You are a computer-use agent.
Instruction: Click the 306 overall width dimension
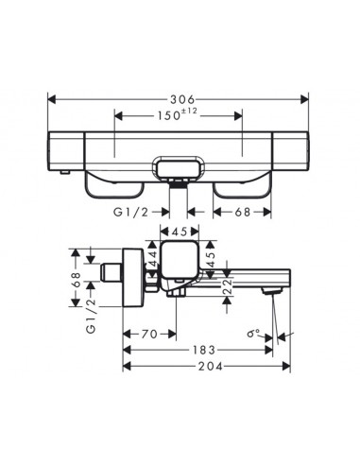coord(180,98)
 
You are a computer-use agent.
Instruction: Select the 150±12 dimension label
coord(179,115)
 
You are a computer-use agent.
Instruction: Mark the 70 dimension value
coord(149,334)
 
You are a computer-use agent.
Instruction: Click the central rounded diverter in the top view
coord(180,171)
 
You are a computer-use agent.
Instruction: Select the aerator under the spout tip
coord(274,296)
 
